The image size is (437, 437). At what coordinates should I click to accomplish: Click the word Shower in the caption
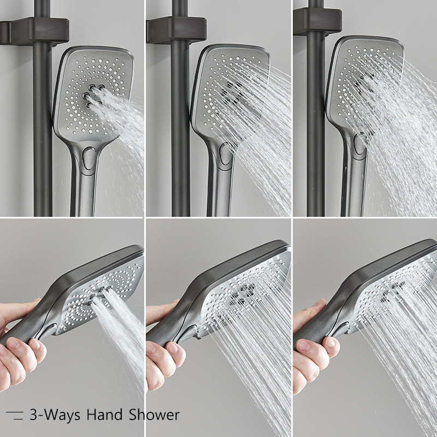coord(154,415)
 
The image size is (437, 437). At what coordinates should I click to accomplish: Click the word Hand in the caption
coord(104,415)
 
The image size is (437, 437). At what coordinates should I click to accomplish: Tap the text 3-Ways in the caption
coord(54,416)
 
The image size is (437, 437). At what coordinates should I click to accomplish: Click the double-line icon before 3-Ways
coord(15,415)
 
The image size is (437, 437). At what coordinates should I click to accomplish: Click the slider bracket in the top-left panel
coord(35,31)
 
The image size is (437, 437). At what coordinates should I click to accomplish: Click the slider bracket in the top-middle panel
coord(176,30)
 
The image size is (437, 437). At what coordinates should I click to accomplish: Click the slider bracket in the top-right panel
coord(317,22)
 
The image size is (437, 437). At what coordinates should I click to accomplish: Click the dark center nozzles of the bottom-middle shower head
coord(242,293)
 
